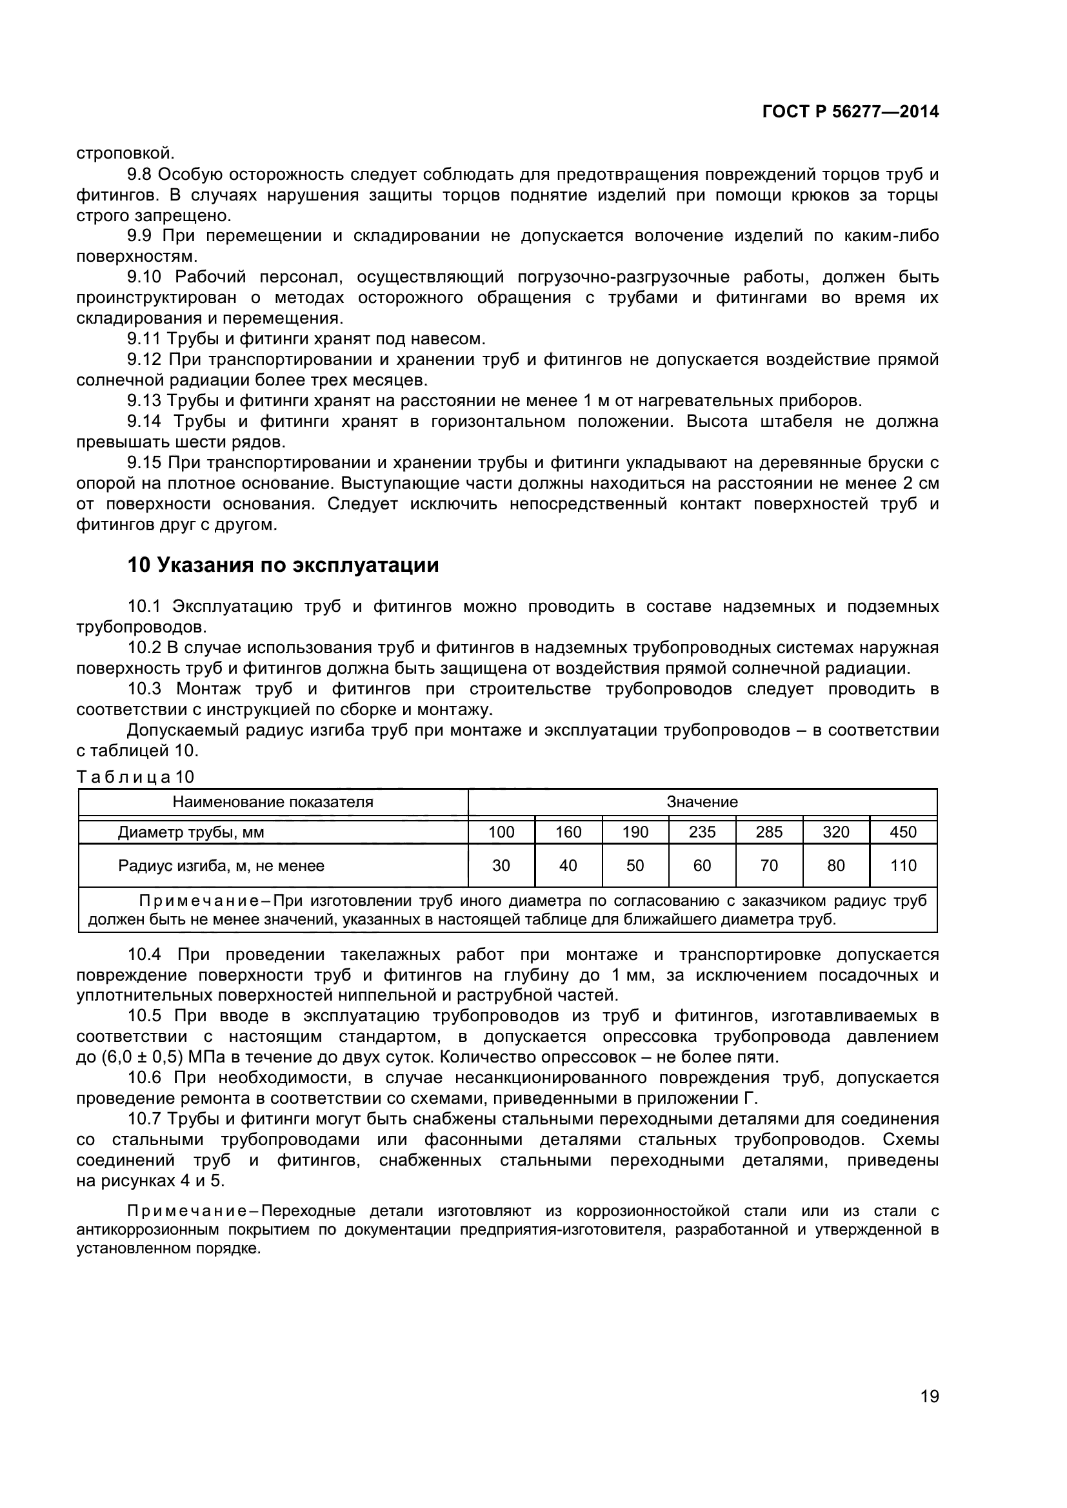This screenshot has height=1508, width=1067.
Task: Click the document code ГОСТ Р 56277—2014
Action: coord(850,112)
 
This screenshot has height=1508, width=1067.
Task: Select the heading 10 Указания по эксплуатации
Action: coord(283,565)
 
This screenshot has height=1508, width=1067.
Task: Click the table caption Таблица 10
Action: coord(135,777)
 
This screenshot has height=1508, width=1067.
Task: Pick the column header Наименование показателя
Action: coord(273,802)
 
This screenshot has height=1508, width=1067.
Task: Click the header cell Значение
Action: coord(702,802)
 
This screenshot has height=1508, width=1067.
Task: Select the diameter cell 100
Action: coord(501,832)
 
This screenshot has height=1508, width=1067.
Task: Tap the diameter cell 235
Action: coord(702,832)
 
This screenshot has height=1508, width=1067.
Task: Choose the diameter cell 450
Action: coord(902,832)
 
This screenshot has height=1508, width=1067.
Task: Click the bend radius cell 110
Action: coord(902,866)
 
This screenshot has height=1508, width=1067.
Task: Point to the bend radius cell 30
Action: coord(501,866)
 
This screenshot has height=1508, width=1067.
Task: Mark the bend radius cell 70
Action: coord(769,866)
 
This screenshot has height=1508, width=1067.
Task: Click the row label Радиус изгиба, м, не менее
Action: coord(221,866)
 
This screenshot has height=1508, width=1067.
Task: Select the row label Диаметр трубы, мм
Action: coord(190,832)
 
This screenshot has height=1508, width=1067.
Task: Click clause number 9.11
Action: coord(144,339)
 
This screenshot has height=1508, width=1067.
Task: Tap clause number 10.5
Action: coord(144,1016)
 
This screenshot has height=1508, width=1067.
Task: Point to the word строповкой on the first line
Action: coord(126,153)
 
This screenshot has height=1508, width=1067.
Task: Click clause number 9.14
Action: coord(144,422)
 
